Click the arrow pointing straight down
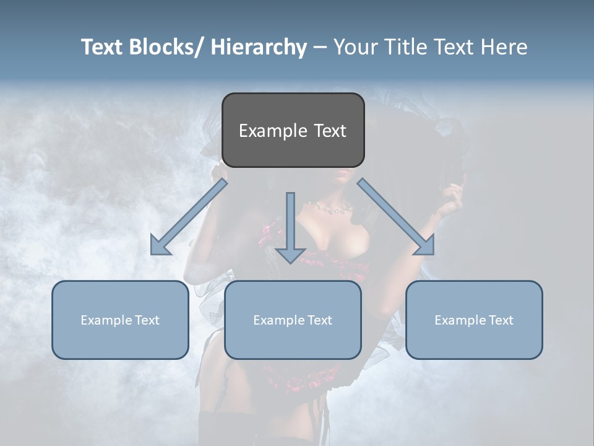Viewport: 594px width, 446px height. coord(290,229)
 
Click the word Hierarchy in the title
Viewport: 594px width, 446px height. coord(258,47)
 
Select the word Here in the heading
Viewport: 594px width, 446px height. coord(502,47)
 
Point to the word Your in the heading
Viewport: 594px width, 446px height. coord(354,47)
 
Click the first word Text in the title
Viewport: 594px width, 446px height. coord(104,47)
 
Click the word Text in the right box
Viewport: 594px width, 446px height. coord(500,320)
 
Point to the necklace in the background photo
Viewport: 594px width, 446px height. coord(334,209)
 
